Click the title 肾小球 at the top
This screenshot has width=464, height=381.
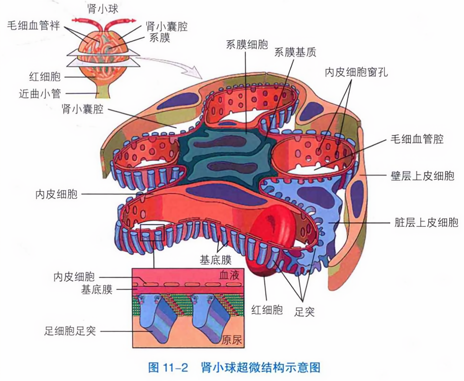(x=99, y=8)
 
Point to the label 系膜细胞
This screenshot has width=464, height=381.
(x=247, y=45)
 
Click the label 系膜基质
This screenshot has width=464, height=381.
(x=294, y=53)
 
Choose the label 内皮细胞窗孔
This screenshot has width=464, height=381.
(x=356, y=72)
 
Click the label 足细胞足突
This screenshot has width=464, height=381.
(x=70, y=331)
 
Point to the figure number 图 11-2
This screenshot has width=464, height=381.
(x=167, y=368)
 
